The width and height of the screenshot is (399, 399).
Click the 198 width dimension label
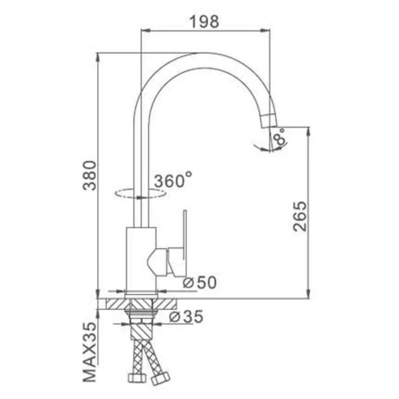(x=205, y=22)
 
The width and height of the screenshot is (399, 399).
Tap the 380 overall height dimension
(x=89, y=175)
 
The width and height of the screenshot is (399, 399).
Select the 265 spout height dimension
(x=300, y=216)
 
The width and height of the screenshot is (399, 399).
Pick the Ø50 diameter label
(x=200, y=282)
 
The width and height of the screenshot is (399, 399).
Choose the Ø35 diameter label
(x=186, y=316)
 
